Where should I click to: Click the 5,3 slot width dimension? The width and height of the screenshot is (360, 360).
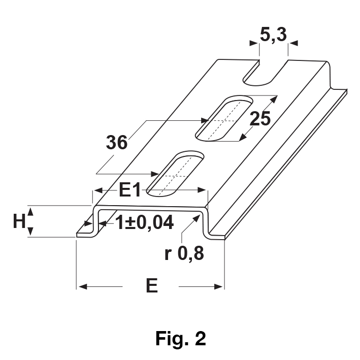pyautogui.click(x=273, y=35)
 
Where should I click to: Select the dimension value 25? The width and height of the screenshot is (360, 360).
pyautogui.click(x=260, y=119)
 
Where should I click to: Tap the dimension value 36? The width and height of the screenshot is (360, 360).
pyautogui.click(x=117, y=142)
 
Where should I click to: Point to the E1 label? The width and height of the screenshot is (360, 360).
pyautogui.click(x=129, y=190)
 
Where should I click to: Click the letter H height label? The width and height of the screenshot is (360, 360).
pyautogui.click(x=19, y=221)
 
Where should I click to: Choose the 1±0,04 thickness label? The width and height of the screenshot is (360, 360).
pyautogui.click(x=144, y=222)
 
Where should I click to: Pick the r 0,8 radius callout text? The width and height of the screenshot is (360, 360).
pyautogui.click(x=184, y=253)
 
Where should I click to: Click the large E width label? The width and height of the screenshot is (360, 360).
pyautogui.click(x=152, y=285)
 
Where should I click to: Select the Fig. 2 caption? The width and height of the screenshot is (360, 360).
pyautogui.click(x=181, y=338)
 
